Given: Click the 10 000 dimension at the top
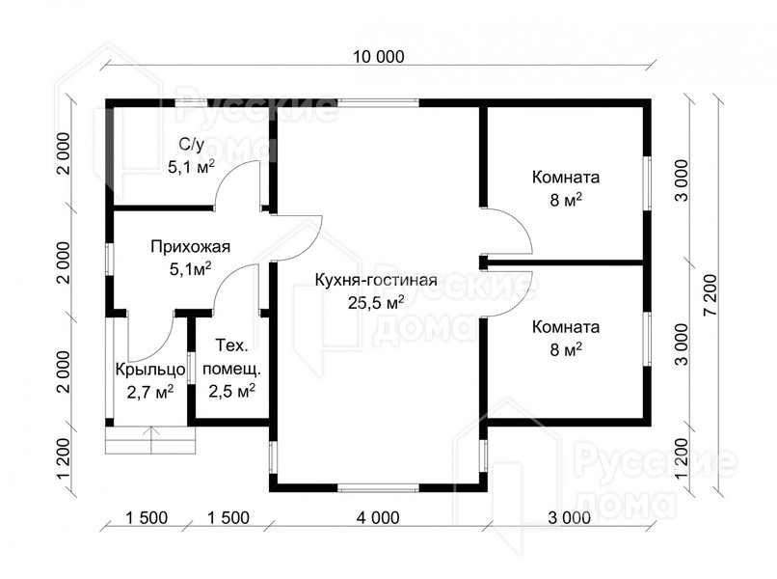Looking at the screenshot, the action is pos(379,57).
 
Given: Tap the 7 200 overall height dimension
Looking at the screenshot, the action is pos(710,294).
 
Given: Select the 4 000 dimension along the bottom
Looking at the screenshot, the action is pos(378,517).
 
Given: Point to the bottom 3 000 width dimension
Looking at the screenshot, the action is pos(570,517).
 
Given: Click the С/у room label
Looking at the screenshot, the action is pos(191,144).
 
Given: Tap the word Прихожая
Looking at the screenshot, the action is pos(191,247).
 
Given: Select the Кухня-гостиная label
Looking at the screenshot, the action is pos(376,280).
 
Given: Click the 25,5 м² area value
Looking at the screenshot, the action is pos(376,302).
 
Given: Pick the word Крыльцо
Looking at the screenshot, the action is pos(150,370).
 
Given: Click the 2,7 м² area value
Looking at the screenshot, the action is pos(150,392).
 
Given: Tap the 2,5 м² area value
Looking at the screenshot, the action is pos(232,391).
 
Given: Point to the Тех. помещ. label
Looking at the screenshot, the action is pos(232,357).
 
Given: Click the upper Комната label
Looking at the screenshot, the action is pos(566,178).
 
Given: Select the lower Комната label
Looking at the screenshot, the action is pos(566,327).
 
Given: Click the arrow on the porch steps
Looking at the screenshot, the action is pos(150,440).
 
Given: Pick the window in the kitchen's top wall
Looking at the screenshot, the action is pos(378,103).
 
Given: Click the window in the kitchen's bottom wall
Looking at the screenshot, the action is pos(378,487).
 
